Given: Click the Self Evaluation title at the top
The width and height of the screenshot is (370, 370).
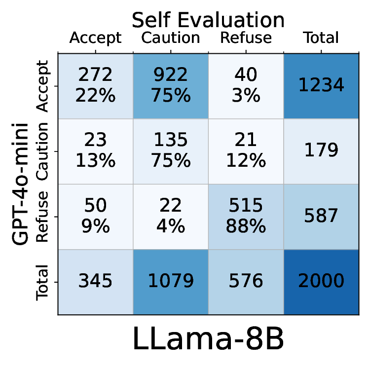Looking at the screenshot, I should pos(208,20).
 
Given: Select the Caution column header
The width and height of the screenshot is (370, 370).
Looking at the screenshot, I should pos(171,38).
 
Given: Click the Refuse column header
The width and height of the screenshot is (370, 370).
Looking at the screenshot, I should pos(246,38).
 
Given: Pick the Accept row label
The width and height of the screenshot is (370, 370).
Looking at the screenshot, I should pos(43,87).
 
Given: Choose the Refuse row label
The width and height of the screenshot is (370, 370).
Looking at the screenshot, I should pos(43,217).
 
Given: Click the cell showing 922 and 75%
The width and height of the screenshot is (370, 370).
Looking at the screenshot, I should pos(171,85).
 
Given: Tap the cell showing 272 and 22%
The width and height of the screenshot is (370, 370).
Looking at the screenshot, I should pos(95,85).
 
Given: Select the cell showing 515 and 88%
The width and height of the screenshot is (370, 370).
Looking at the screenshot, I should pos(246,217).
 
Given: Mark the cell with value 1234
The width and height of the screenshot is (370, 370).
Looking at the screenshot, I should pos(321,85).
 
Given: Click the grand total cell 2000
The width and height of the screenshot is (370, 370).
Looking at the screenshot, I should pos(321,281).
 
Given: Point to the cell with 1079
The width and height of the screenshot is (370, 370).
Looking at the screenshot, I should pos(171,281).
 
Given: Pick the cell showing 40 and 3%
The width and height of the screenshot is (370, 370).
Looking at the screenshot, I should pos(246,85).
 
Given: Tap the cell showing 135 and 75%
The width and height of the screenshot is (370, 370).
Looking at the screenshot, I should pos(171,150).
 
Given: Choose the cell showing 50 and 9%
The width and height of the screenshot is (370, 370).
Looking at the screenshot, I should pos(95,217).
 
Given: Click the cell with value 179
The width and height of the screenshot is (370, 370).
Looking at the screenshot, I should pos(321,150).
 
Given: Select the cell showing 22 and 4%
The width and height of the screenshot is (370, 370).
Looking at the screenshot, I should pos(171,217).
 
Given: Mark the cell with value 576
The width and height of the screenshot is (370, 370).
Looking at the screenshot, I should pos(246,281).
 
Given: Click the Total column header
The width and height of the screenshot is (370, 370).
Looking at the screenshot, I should pos(321,38).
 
